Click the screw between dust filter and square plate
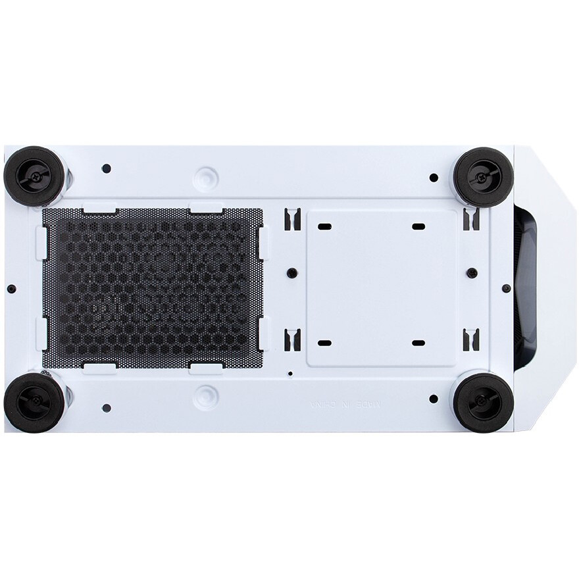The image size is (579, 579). coord(290,272)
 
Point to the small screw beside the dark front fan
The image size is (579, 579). coord(509,289)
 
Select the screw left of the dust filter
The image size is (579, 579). coord(13,289)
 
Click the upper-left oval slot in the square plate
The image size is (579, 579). coord(325,226)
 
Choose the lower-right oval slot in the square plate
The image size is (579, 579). coord(418,343)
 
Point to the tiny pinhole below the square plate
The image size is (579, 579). coord(290,373)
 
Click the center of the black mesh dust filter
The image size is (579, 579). coord(152,288)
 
